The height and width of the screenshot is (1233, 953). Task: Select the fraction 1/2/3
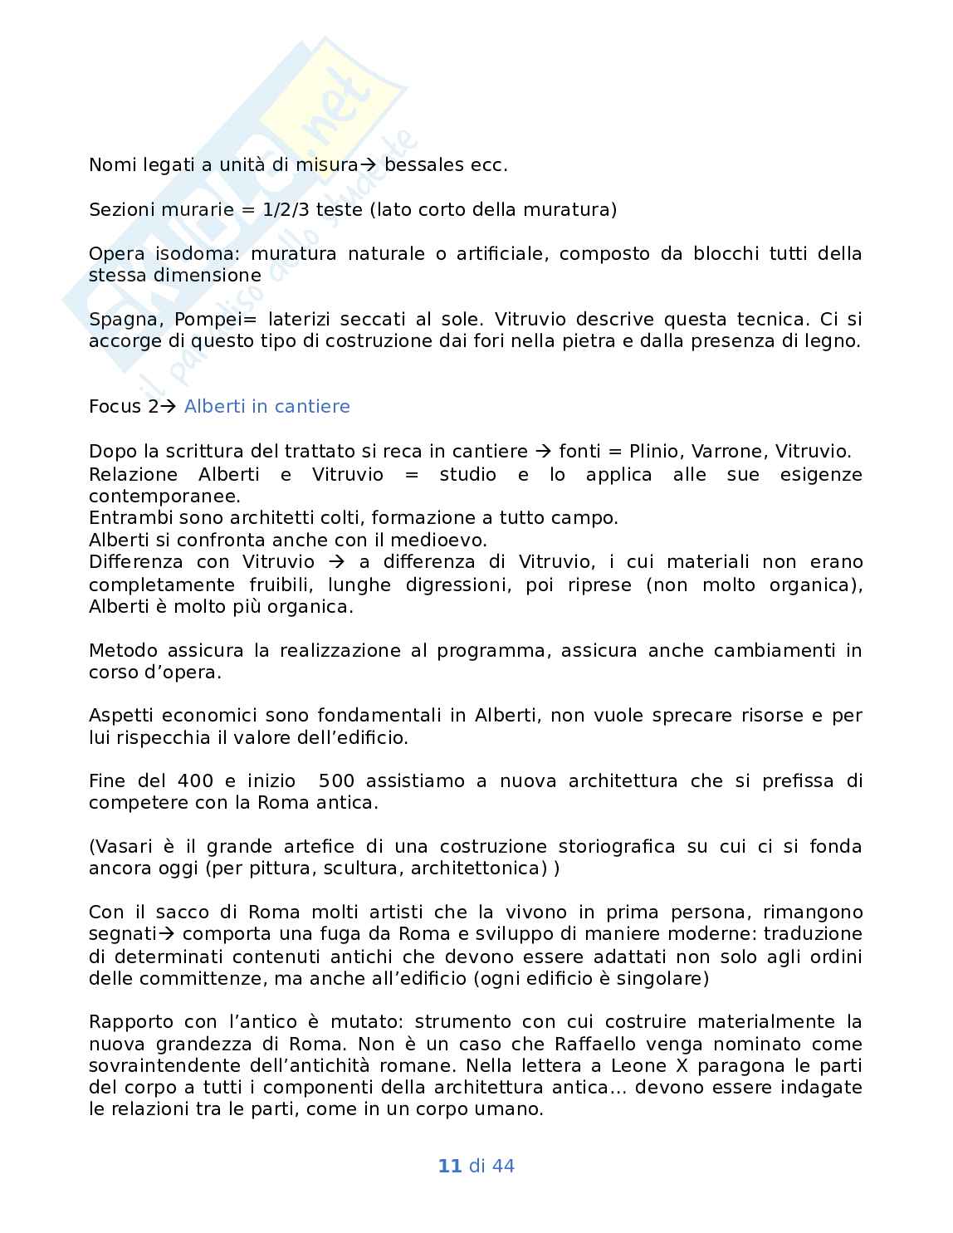tap(286, 209)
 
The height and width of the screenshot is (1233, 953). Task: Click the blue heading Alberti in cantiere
tap(266, 407)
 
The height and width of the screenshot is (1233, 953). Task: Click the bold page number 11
tap(449, 1167)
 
